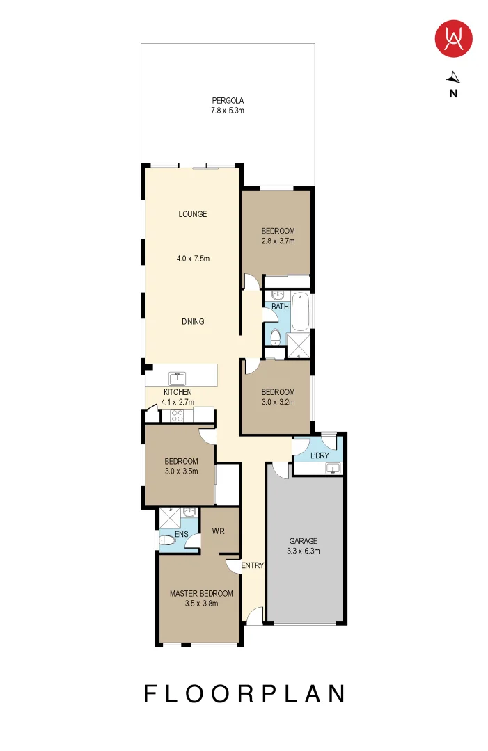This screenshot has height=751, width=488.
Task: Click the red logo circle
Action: tap(453, 39)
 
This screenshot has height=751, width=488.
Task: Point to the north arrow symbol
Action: tap(453, 78)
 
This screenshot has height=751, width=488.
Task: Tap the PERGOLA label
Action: tap(228, 101)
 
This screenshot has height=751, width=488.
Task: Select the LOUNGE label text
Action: tap(193, 214)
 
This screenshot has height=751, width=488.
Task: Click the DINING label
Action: tap(193, 321)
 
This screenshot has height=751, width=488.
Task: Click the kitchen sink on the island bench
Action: tap(178, 378)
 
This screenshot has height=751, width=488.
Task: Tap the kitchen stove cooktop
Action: tap(178, 415)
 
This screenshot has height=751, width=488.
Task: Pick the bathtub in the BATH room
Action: tap(300, 312)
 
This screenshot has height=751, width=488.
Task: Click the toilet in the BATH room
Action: tap(275, 337)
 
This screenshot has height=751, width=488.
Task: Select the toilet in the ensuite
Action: tap(167, 540)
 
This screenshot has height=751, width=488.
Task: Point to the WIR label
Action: tap(218, 531)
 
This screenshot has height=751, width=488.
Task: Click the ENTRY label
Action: tap(252, 565)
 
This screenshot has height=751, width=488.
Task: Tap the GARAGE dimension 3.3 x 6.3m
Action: tap(304, 551)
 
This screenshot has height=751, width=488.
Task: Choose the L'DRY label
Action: tap(320, 455)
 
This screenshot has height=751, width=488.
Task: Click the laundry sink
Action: tap(333, 469)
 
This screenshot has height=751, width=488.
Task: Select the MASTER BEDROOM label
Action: tap(201, 593)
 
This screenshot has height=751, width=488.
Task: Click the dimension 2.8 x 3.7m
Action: tap(278, 241)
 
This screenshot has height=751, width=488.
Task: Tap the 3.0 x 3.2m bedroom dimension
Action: tap(278, 403)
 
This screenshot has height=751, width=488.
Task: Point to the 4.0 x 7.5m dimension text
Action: tap(193, 259)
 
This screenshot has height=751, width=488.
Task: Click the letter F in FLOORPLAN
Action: tap(150, 693)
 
